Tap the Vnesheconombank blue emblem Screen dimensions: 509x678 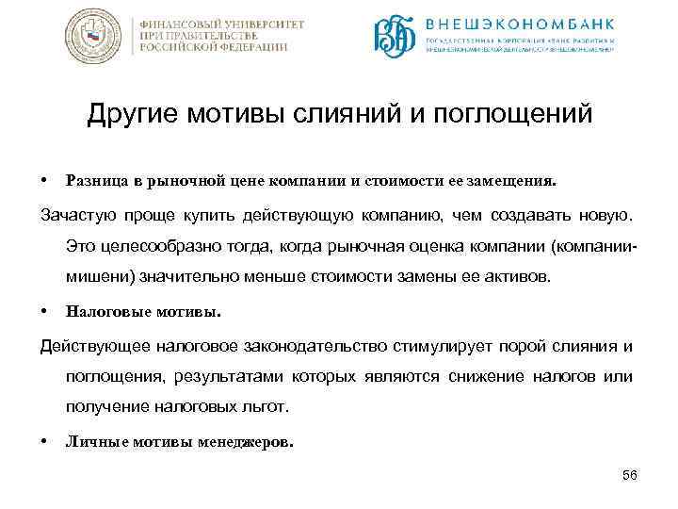(x=395, y=37)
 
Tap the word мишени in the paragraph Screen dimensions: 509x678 (x=102, y=278)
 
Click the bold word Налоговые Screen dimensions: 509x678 (x=102, y=309)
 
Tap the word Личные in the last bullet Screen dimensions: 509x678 (x=91, y=439)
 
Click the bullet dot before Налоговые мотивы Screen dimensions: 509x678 (x=44, y=309)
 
